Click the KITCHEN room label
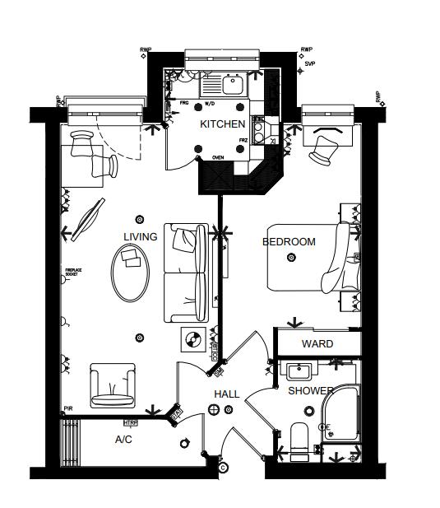[x=222, y=124]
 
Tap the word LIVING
[x=140, y=237]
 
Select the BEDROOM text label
[x=289, y=242]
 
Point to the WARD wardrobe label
[x=317, y=343]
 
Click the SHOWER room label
[x=310, y=391]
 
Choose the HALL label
[x=226, y=394]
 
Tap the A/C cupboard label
[x=123, y=440]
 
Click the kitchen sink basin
[x=231, y=82]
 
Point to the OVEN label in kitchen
[x=219, y=157]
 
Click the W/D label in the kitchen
[x=210, y=105]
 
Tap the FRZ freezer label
[x=243, y=141]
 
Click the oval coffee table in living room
[x=132, y=273]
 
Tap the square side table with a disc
[x=195, y=338]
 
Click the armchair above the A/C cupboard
[x=112, y=384]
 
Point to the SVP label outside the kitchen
[x=309, y=63]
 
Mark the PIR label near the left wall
[x=68, y=409]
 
